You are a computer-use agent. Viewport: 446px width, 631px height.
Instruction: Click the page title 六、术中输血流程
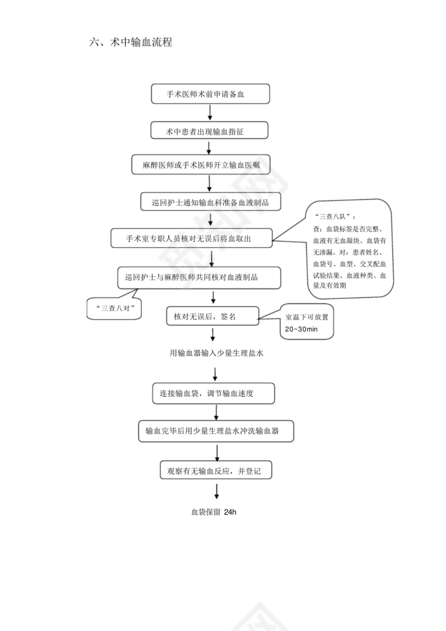[x=131, y=42]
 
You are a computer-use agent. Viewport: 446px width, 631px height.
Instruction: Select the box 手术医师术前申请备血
[x=210, y=94]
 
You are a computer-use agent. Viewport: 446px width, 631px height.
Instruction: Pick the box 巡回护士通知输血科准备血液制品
[x=210, y=202]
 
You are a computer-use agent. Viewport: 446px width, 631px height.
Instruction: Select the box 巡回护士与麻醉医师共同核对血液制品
[x=198, y=277]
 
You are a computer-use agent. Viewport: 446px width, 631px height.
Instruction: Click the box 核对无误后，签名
[x=212, y=317]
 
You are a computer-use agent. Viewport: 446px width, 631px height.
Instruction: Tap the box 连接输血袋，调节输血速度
[x=213, y=393]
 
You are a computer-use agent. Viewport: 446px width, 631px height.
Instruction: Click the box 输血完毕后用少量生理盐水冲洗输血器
[x=216, y=431]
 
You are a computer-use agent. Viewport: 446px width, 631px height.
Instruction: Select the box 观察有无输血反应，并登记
[x=216, y=470]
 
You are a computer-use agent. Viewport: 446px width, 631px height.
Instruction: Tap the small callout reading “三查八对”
[x=114, y=309]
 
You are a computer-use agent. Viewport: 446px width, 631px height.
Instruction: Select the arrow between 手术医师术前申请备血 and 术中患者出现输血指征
[x=210, y=112]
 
